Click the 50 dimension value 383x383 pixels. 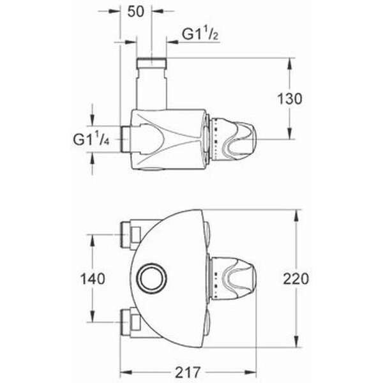pyautogui.click(x=136, y=11)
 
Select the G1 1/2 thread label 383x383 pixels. pyautogui.click(x=200, y=34)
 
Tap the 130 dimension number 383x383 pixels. pyautogui.click(x=290, y=99)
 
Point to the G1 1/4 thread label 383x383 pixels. pyautogui.click(x=91, y=139)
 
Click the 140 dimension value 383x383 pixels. pyautogui.click(x=93, y=279)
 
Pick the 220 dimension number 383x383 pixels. pyautogui.click(x=296, y=279)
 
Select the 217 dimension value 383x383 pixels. pyautogui.click(x=188, y=373)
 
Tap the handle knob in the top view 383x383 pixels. pyautogui.click(x=235, y=139)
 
